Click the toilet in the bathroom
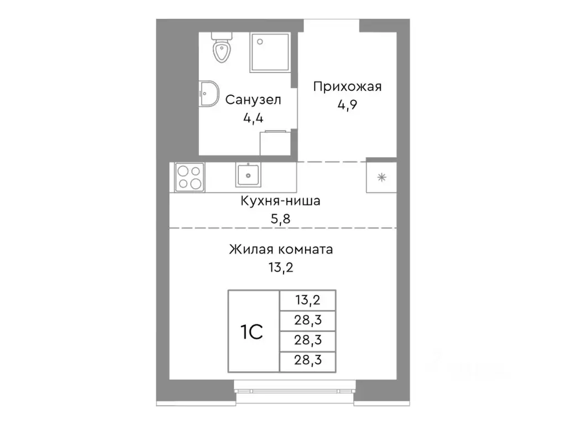pos(222,49)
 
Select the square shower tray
pos(270,52)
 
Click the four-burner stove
pos(188,178)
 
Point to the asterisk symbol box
pos(381,177)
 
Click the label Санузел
pos(253,100)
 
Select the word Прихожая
pos(348,87)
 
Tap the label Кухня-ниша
pos(280,201)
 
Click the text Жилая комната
pos(281,250)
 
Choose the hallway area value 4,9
pos(348,105)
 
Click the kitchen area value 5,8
pos(280,219)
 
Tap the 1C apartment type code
pos(252,331)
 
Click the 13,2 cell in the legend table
pos(308,302)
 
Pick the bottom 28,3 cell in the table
pos(308,362)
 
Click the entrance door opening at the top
pos(332,25)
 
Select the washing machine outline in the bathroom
pos(275,143)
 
